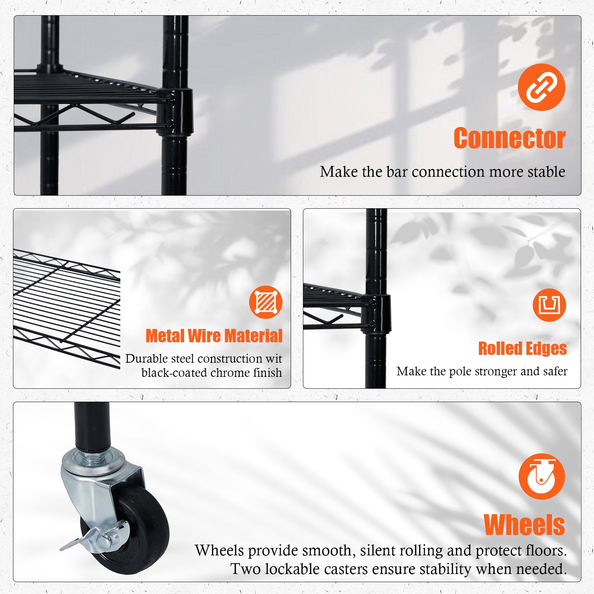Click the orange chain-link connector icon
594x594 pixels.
(541, 87)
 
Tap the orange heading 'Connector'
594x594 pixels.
(509, 138)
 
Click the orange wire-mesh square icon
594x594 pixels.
(266, 302)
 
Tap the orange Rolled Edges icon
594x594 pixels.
(549, 305)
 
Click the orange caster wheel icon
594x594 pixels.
(542, 476)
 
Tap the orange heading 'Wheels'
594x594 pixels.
(524, 525)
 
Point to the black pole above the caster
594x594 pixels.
(92, 425)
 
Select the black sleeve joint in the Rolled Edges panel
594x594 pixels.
(378, 313)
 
